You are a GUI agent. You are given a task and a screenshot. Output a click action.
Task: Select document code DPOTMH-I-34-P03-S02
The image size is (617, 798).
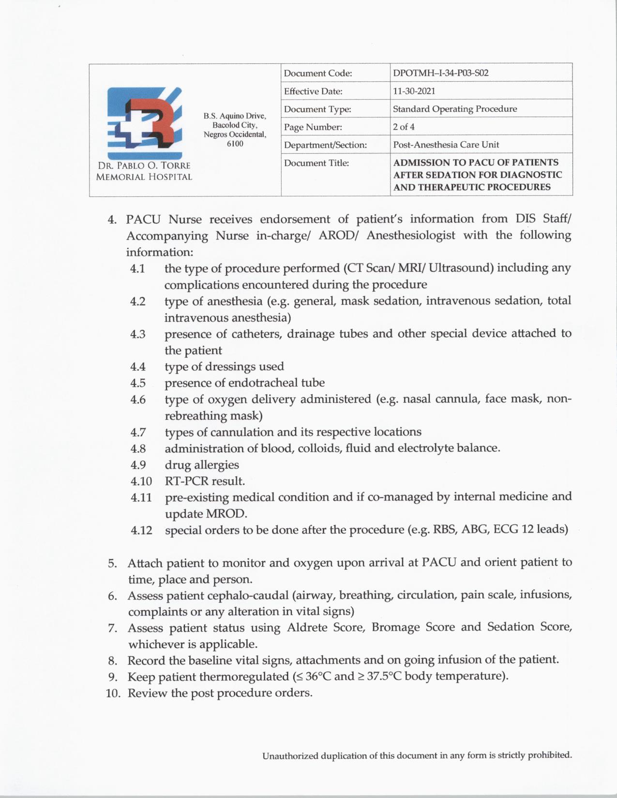440,73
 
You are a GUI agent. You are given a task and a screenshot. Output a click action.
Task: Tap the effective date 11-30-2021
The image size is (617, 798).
414,91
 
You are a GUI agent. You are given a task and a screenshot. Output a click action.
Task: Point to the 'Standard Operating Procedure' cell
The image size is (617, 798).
454,109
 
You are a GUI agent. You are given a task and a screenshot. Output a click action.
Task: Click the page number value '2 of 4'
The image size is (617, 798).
404,127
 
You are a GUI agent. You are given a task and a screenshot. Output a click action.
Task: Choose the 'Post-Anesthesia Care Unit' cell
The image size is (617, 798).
446,145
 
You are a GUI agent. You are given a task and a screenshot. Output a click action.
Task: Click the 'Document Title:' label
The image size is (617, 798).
316,163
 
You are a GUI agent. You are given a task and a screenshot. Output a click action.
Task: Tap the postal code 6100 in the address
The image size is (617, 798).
235,144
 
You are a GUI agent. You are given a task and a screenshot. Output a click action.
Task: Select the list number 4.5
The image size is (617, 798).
138,383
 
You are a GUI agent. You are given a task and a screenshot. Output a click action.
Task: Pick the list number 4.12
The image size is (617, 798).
141,531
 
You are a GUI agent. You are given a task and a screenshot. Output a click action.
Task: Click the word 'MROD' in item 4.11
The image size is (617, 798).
226,514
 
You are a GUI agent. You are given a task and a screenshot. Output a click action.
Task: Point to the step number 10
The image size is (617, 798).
112,694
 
